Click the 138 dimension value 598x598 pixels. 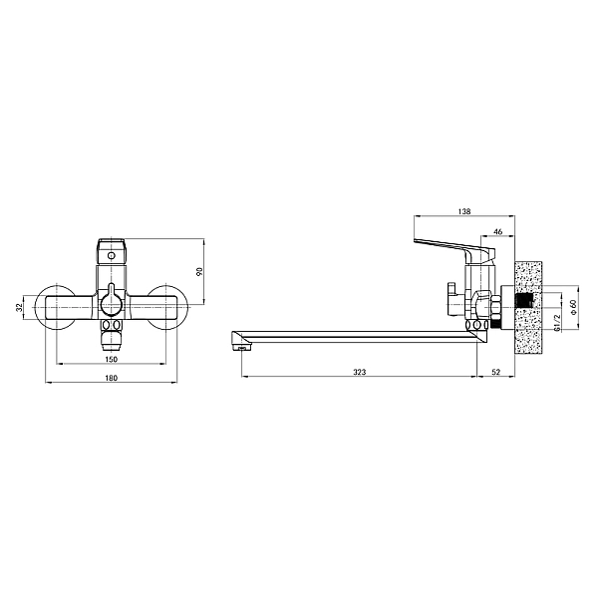click(464, 211)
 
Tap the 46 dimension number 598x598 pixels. click(498, 231)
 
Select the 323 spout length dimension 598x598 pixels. click(359, 372)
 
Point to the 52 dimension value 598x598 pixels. click(495, 372)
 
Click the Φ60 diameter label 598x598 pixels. click(574, 306)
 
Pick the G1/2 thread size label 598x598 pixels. click(557, 323)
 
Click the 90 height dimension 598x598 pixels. click(199, 271)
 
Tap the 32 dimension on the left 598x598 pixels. click(19, 307)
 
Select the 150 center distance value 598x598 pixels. click(111, 359)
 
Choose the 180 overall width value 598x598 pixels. click(111, 378)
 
